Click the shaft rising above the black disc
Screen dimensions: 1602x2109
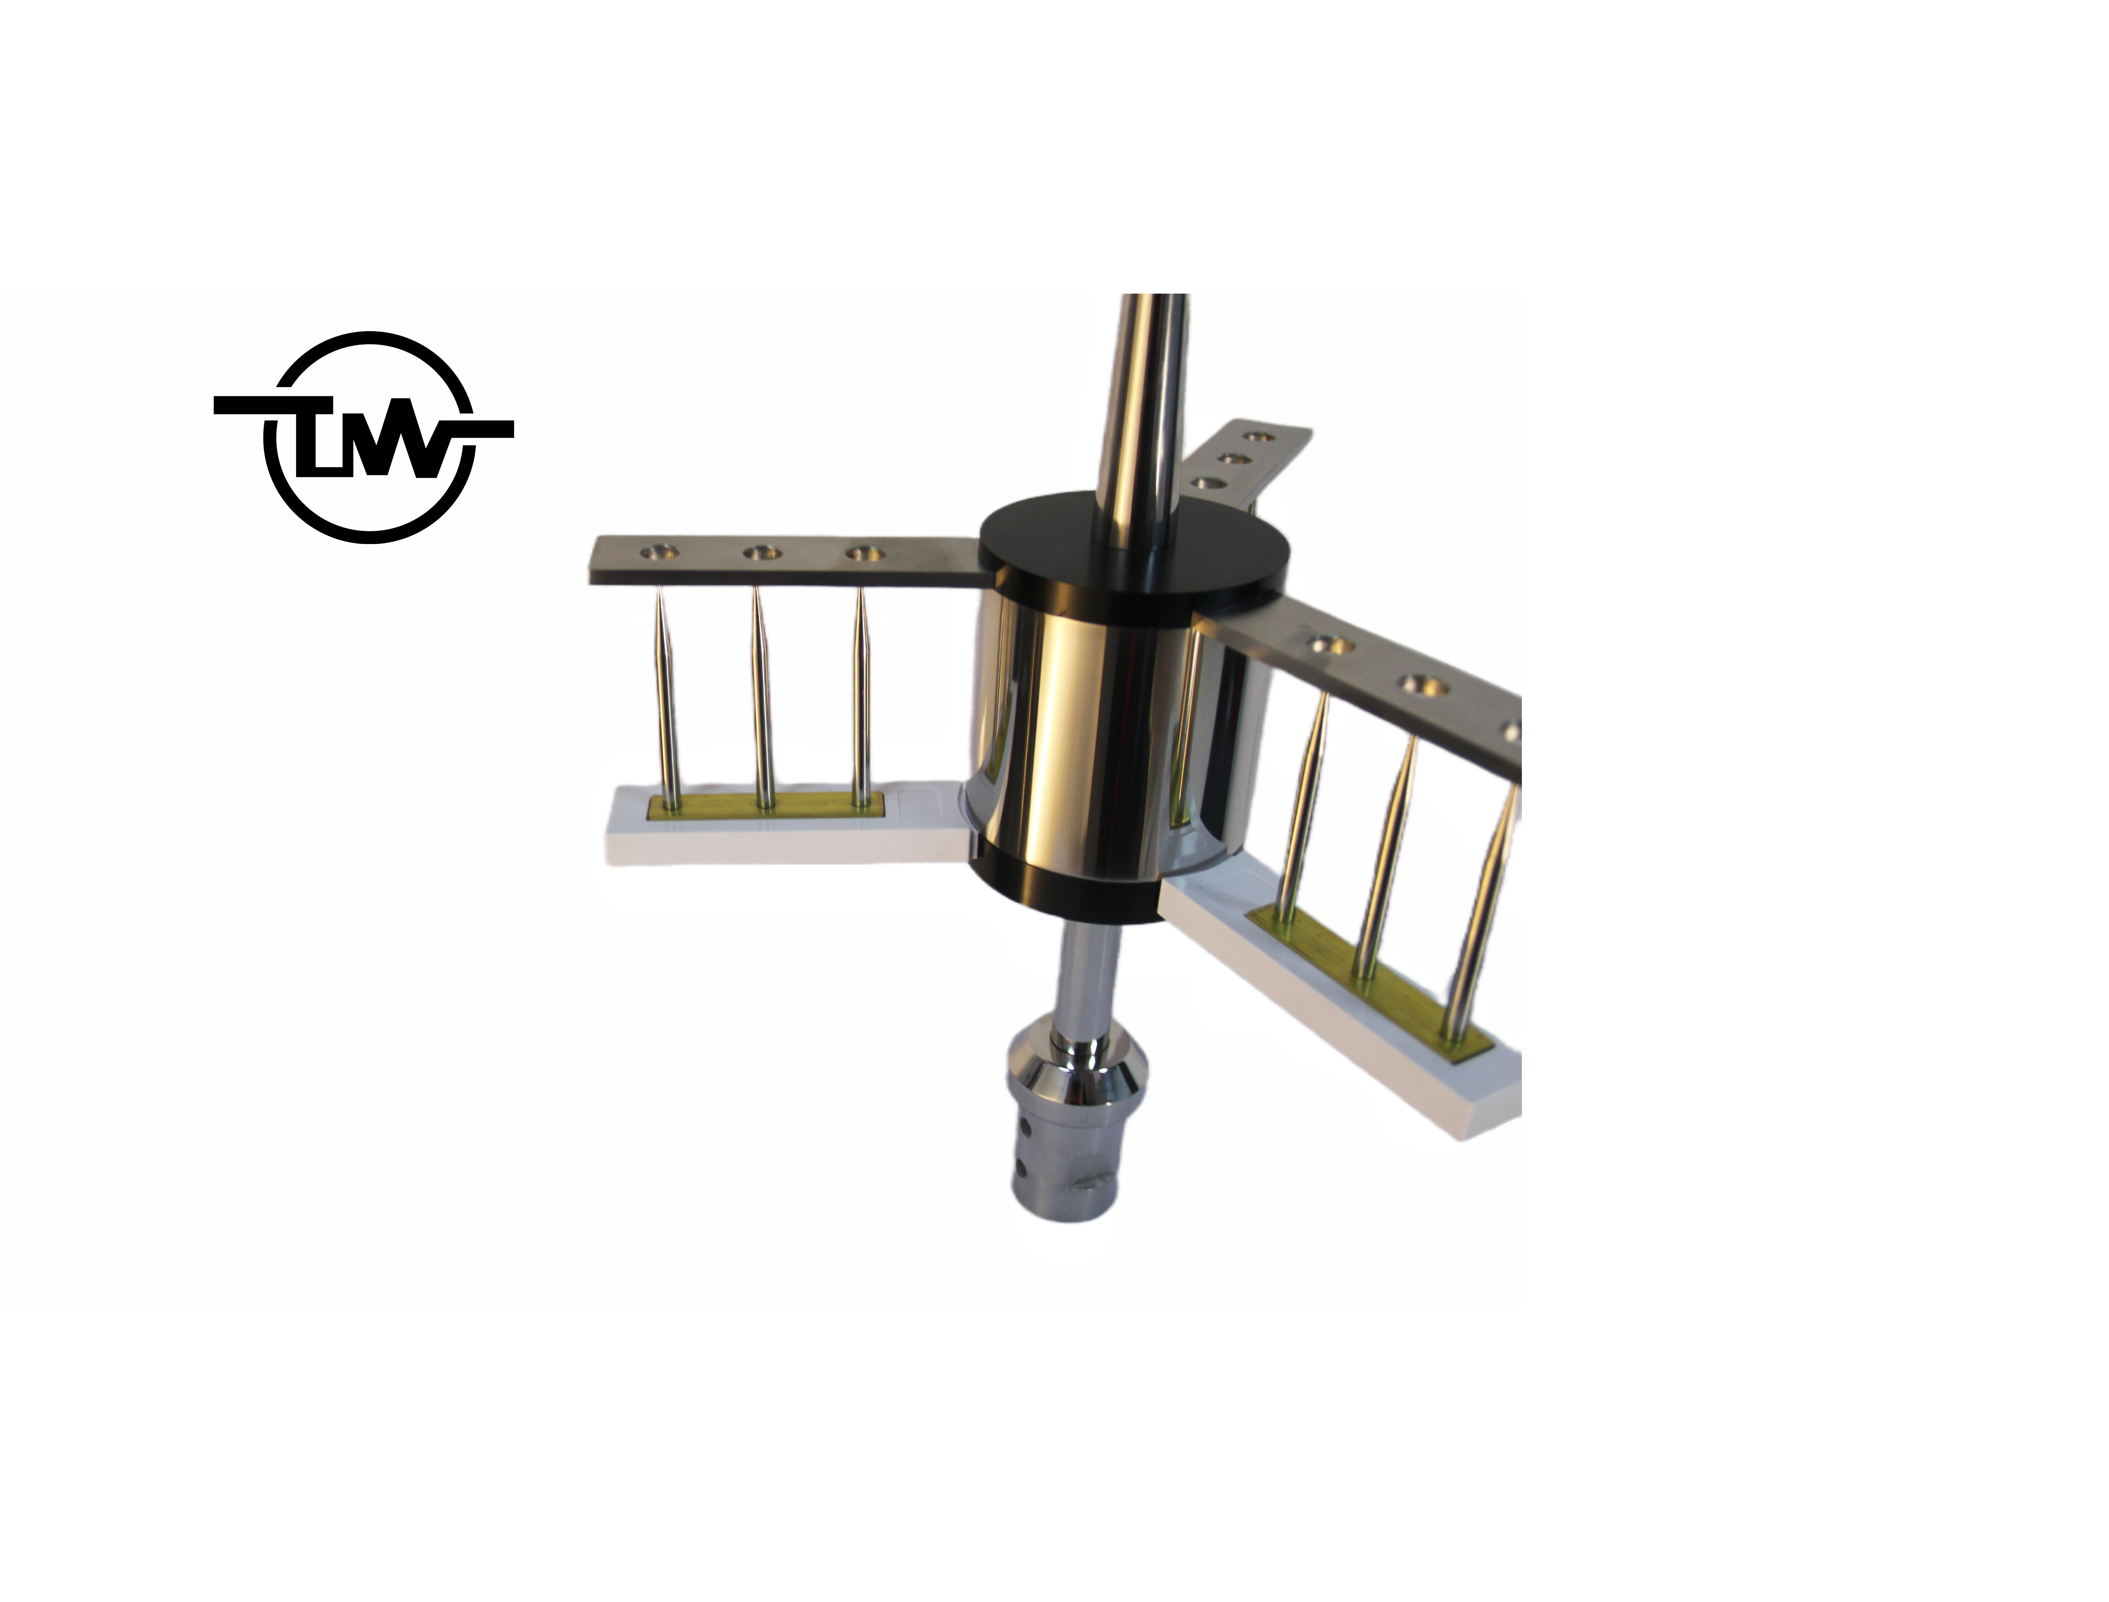1144,400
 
